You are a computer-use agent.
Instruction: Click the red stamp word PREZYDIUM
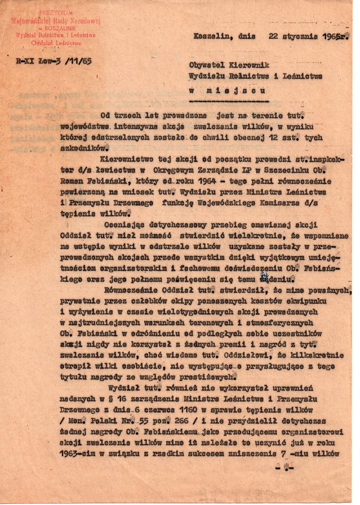point(56,12)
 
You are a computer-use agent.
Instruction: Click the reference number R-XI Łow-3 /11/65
point(54,62)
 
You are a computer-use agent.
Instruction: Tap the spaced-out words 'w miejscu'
point(228,90)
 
